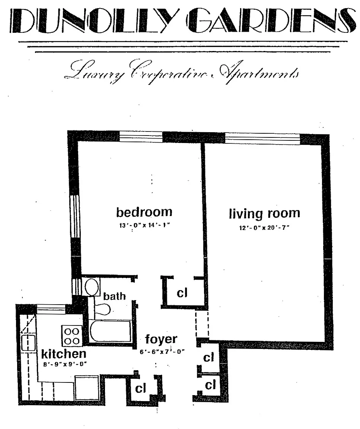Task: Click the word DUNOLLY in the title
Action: click(x=93, y=20)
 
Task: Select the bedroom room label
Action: click(x=144, y=212)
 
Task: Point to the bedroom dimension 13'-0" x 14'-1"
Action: click(x=145, y=225)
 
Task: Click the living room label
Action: click(x=264, y=214)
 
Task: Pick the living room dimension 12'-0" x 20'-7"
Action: click(x=264, y=228)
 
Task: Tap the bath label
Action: click(x=114, y=296)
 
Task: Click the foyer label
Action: click(x=161, y=340)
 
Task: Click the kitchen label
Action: click(x=64, y=354)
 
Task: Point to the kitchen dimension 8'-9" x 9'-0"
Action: click(x=65, y=364)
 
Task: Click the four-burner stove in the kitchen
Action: click(x=72, y=336)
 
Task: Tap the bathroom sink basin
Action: click(x=92, y=287)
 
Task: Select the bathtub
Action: click(x=111, y=331)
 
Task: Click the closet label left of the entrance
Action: click(x=141, y=388)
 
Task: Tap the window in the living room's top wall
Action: click(x=262, y=139)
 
